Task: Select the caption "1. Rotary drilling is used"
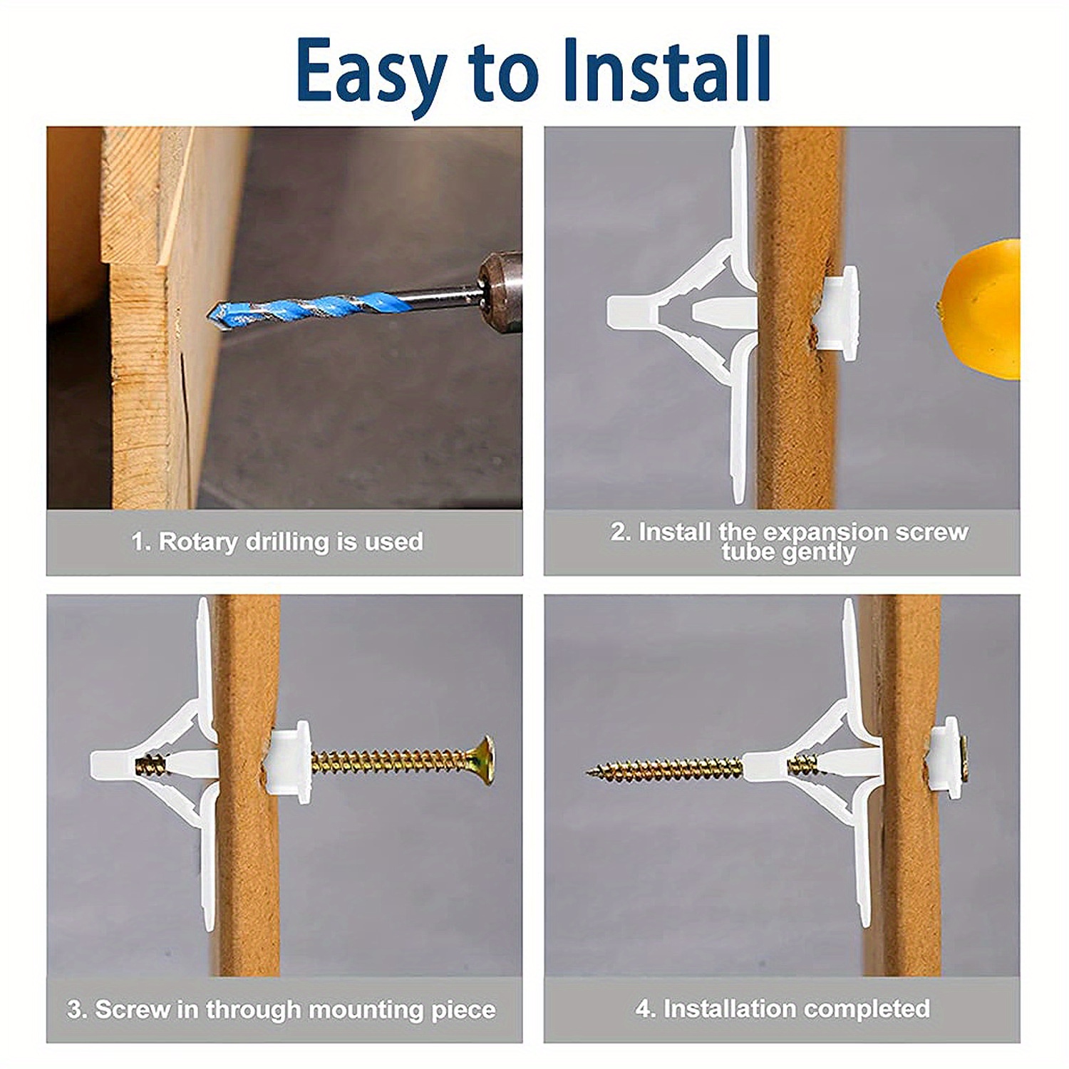coord(277,542)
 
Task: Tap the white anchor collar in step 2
coord(838,308)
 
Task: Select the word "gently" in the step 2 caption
coord(819,553)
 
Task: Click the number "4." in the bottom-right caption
coord(646,1008)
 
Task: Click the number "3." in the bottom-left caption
coord(77,1010)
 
